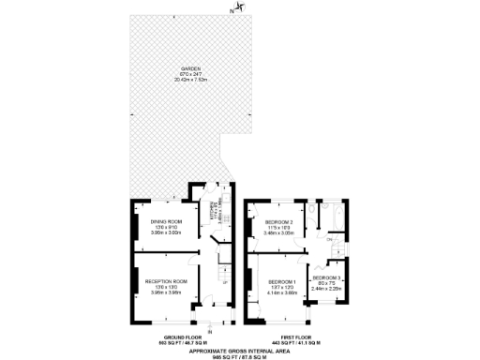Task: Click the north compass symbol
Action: (239, 8)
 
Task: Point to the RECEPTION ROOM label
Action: (166, 280)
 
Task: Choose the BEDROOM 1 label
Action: (281, 282)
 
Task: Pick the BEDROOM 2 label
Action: (279, 222)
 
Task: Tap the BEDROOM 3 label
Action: (327, 278)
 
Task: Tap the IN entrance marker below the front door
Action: (210, 329)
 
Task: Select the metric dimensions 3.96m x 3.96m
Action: (166, 292)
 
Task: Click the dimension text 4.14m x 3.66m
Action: (281, 293)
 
